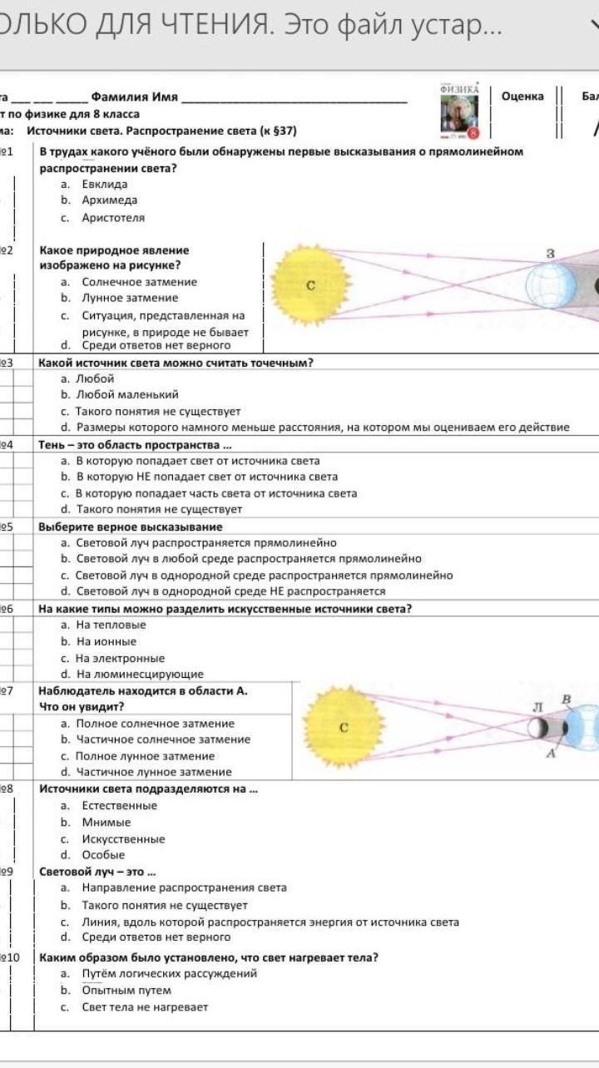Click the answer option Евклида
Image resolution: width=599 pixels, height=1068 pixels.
pyautogui.click(x=104, y=184)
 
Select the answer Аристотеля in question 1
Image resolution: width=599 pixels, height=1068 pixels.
pyautogui.click(x=112, y=218)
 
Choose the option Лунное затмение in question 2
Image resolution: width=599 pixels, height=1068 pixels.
pyautogui.click(x=129, y=298)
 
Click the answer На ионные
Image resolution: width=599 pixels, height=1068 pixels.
pyautogui.click(x=106, y=641)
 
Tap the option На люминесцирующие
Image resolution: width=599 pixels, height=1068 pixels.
pyautogui.click(x=139, y=674)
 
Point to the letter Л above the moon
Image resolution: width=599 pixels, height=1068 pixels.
pyautogui.click(x=537, y=706)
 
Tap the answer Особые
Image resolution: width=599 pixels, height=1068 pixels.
pyautogui.click(x=103, y=854)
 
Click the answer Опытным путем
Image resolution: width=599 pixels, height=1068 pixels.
pyautogui.click(x=126, y=990)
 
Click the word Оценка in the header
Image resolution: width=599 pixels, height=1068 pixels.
pyautogui.click(x=522, y=96)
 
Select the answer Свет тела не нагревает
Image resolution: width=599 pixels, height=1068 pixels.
pyautogui.click(x=144, y=1006)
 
